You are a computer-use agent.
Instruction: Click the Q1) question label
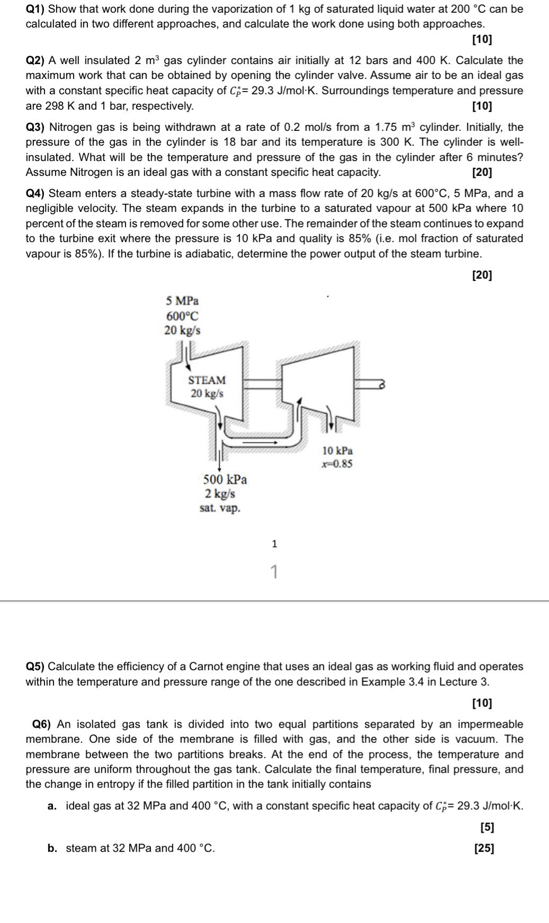tap(36, 9)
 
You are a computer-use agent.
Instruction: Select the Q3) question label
tap(36, 127)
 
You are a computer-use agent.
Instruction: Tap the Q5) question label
tap(36, 667)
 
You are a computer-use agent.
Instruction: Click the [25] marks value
tap(484, 848)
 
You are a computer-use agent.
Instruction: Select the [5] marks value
tap(487, 827)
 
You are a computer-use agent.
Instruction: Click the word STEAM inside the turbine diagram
tap(207, 380)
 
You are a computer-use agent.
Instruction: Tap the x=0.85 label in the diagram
tap(337, 464)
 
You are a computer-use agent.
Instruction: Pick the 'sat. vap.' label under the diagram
tap(219, 508)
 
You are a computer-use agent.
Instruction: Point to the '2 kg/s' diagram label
tap(220, 494)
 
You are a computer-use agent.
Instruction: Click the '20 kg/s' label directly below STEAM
tap(207, 394)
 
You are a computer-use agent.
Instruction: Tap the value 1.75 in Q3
tap(386, 127)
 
